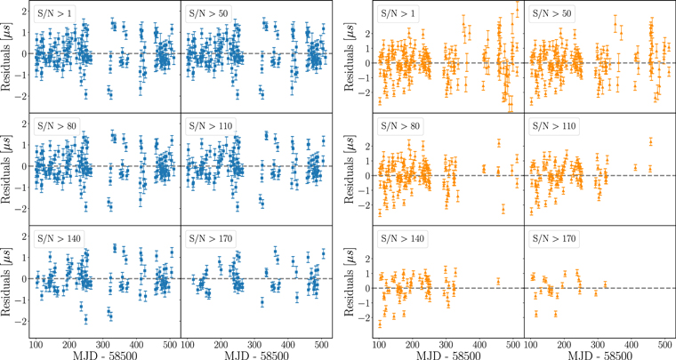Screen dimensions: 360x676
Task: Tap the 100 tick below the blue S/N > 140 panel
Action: point(36,342)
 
